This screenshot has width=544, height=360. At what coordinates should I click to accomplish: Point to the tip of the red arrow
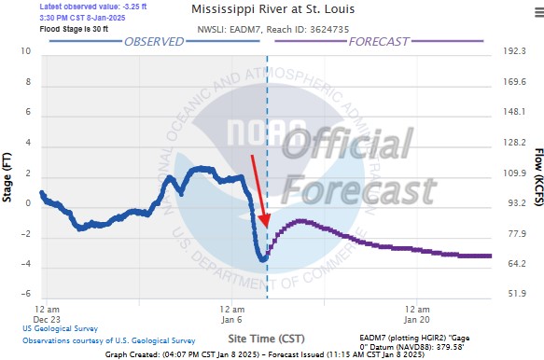266,227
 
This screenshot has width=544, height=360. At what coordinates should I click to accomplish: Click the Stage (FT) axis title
8,173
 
